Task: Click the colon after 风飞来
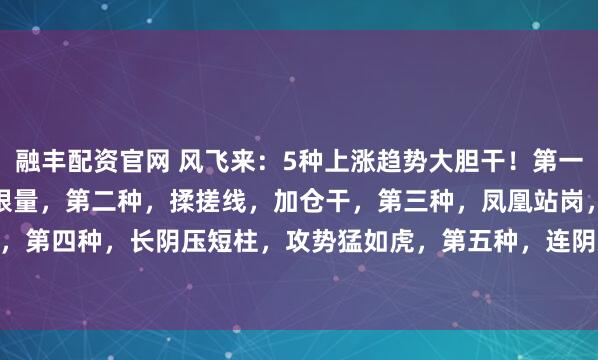point(244,156)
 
